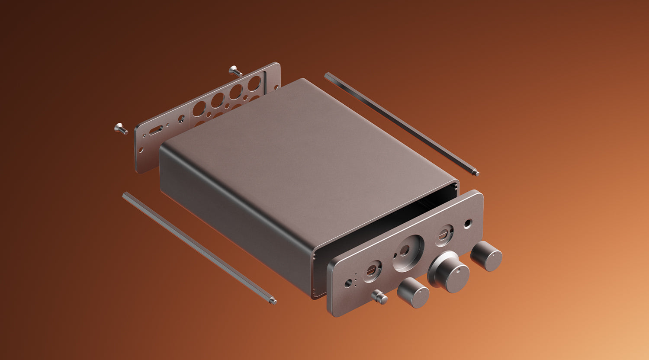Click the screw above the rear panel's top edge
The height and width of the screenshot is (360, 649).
(235, 71)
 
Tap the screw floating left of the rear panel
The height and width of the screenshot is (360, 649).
(121, 129)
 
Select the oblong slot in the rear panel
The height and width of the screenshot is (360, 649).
(156, 130)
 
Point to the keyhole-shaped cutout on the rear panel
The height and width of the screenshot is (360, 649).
(181, 118)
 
